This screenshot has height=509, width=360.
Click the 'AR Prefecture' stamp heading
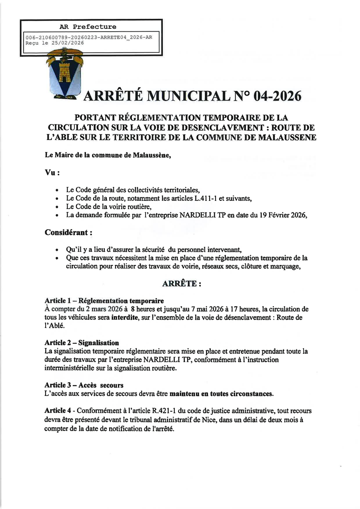(88, 27)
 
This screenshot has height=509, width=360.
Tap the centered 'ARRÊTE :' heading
(181, 284)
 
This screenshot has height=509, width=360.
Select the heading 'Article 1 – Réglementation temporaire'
(104, 301)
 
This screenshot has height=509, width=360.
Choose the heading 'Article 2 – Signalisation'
(82, 343)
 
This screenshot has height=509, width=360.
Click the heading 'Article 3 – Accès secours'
(84, 385)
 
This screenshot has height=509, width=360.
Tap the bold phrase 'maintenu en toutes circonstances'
(222, 394)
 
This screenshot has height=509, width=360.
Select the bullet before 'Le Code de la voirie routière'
(58, 206)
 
